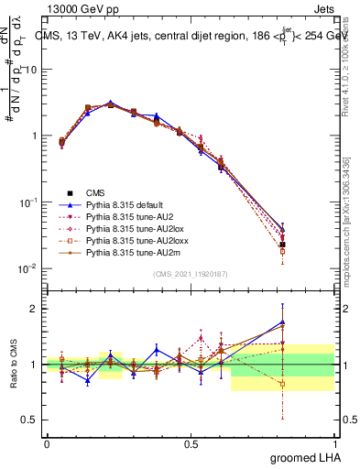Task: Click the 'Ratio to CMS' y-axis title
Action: pos(12,360)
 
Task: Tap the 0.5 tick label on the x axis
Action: pos(191,443)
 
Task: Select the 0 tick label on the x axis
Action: pos(47,443)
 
